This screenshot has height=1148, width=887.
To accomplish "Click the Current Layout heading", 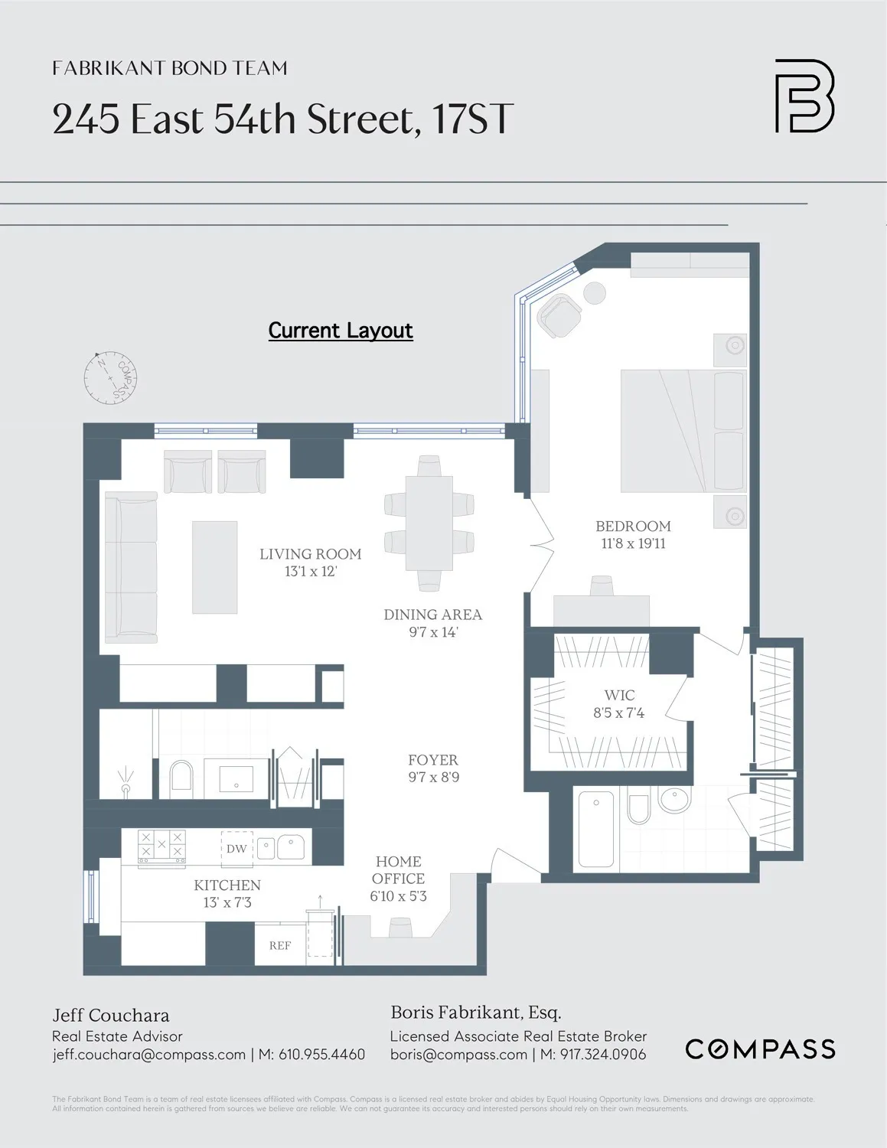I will [341, 330].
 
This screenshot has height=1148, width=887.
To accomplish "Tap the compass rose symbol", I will [111, 377].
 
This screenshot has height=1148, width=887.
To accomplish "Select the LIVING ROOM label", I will [310, 553].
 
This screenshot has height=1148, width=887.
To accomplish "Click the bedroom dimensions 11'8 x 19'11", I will [633, 544].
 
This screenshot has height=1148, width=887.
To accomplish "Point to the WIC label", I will [619, 695].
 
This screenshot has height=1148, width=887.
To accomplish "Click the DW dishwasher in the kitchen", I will [236, 848].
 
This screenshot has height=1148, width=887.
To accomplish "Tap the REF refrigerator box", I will [280, 945].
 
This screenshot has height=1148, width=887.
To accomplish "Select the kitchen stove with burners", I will [161, 848].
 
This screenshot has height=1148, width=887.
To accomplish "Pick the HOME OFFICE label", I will [398, 870].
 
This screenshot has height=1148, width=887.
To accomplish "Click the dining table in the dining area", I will [429, 523].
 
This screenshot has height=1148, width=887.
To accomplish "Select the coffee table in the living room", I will [214, 567].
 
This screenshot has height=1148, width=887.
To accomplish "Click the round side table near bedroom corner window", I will [594, 293].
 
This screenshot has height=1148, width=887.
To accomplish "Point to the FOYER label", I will [433, 760].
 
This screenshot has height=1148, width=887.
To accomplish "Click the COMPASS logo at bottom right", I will [760, 1049].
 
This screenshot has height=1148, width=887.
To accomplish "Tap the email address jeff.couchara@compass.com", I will [148, 1055].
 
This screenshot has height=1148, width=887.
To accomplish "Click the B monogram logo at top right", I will [804, 96].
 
